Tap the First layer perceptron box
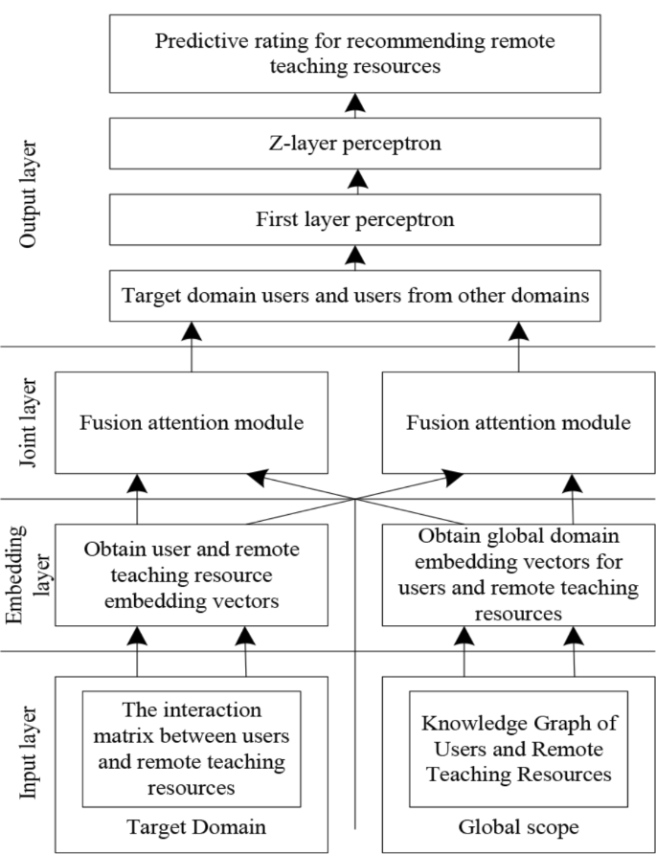[x=354, y=218]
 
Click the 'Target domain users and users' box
[x=354, y=295]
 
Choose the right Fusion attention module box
[x=518, y=422]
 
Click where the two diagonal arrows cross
[x=355, y=499]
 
